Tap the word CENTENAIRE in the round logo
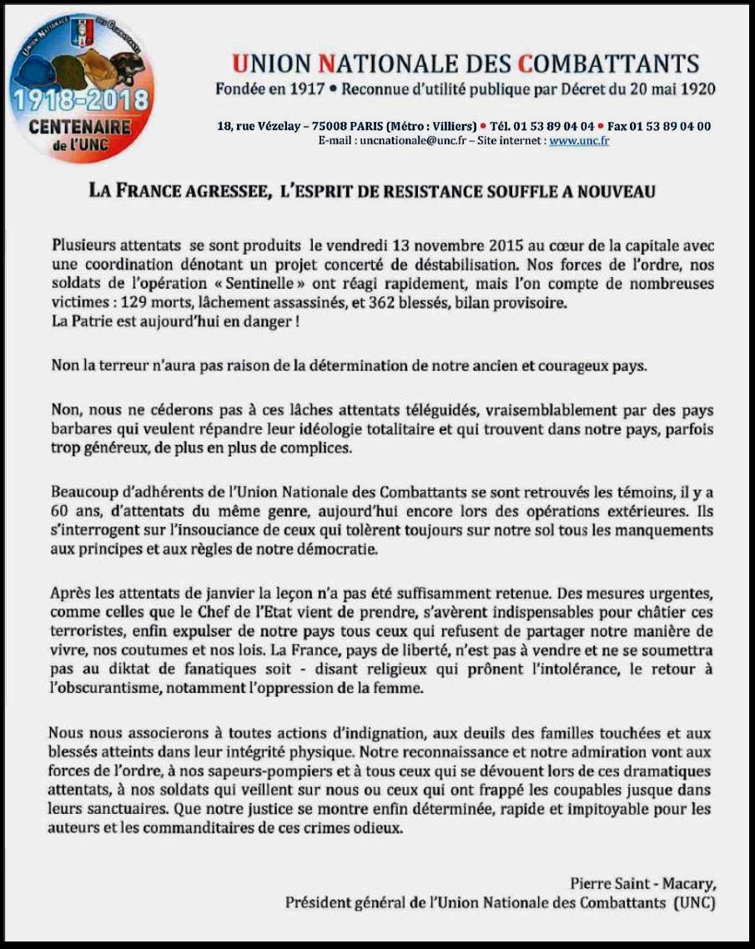click(79, 128)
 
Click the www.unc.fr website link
click(579, 141)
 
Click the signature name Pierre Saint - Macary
click(642, 882)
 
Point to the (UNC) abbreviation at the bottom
click(694, 902)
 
